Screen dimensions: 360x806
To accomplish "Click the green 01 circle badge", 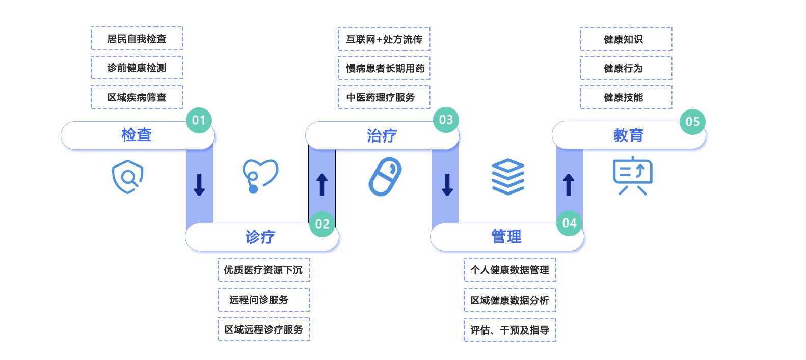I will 199,120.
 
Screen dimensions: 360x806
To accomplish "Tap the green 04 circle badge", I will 569,223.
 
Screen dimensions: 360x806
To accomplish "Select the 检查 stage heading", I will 137,135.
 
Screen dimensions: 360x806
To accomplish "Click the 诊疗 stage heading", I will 260,237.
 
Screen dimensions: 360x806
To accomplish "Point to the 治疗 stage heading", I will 382,135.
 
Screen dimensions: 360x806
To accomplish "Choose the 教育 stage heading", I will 628,135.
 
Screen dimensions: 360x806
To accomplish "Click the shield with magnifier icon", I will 127,177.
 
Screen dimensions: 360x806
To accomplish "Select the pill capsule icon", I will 385,177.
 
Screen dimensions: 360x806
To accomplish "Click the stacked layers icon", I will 508,177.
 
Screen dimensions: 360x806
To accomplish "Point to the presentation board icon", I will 632,176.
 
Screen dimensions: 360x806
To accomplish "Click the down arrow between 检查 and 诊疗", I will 199,185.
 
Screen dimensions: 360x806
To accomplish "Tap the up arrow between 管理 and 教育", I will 569,185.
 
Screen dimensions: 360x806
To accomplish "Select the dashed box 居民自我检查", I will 137,39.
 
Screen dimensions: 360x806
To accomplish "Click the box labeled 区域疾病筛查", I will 137,97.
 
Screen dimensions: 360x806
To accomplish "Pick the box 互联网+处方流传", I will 384,39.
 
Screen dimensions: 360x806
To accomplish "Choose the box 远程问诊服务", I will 263,300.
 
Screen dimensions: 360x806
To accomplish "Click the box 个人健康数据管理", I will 509,270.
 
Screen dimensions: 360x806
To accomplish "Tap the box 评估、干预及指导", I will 509,330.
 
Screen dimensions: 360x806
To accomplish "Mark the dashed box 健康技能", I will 626,97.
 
